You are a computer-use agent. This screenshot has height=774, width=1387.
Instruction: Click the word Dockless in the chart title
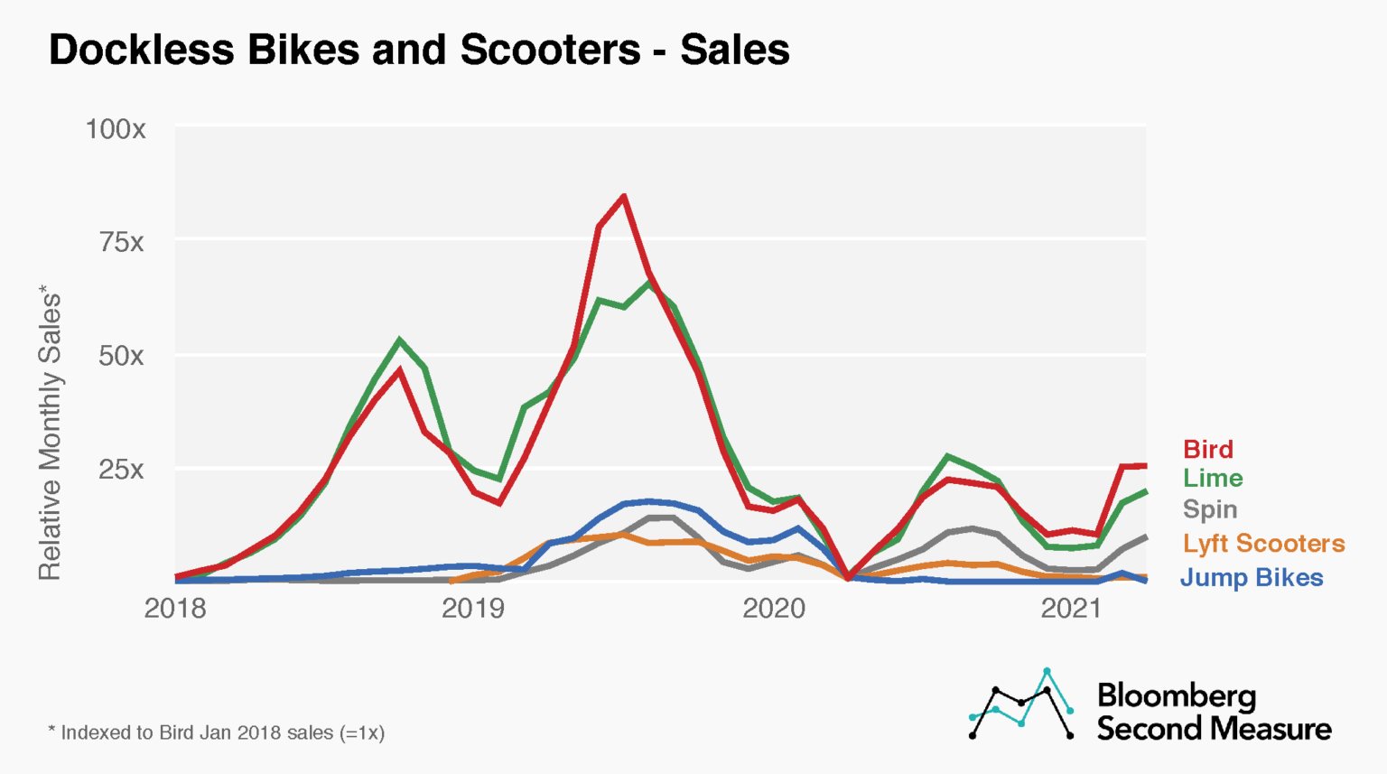(143, 50)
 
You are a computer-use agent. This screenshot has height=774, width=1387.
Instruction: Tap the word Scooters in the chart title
(550, 50)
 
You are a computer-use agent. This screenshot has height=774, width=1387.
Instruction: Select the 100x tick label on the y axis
(115, 129)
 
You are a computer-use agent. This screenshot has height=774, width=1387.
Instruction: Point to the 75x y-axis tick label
(121, 242)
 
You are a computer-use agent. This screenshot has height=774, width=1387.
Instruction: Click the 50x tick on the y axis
(121, 356)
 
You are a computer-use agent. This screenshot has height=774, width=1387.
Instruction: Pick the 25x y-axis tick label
(121, 470)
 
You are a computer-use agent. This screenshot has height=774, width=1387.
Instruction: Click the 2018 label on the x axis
(175, 609)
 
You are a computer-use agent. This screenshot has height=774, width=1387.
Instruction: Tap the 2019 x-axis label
(472, 609)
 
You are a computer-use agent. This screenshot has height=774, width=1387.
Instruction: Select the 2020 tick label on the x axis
(773, 609)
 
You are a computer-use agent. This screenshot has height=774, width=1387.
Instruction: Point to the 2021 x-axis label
(1071, 609)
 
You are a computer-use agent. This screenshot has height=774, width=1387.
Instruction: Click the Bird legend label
(1207, 449)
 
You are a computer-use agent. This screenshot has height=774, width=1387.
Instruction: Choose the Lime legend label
(1213, 478)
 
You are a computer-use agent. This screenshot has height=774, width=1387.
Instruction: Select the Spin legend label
(1210, 509)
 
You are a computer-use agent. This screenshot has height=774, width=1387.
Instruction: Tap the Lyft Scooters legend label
(1263, 544)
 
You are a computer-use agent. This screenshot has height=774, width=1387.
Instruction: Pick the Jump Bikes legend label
(1252, 578)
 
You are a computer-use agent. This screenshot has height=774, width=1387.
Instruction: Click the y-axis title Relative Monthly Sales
(50, 434)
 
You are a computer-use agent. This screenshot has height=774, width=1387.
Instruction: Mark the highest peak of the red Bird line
(623, 197)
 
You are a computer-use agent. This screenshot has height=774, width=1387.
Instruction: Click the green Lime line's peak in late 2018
(399, 340)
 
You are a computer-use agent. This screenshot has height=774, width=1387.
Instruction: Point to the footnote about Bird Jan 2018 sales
(217, 732)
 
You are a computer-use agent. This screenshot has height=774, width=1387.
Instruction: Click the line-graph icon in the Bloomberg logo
(1021, 704)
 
